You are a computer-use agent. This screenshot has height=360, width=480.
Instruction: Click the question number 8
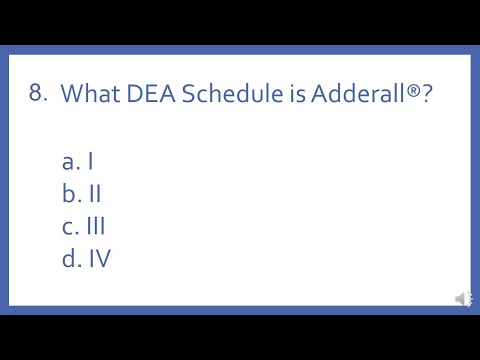(37, 94)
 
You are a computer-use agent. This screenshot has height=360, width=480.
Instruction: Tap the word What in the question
(88, 95)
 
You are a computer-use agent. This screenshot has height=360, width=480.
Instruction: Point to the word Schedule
(224, 95)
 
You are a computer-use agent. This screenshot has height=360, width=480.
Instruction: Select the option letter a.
(68, 161)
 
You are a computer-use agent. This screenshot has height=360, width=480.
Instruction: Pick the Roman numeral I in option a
(90, 160)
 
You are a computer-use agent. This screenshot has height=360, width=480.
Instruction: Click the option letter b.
(68, 193)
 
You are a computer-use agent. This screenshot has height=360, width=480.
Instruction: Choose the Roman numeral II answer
(94, 193)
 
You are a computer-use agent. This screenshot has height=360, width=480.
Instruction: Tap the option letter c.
(68, 227)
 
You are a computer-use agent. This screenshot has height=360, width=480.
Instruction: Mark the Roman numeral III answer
(96, 226)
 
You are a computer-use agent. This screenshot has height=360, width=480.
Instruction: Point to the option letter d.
(68, 259)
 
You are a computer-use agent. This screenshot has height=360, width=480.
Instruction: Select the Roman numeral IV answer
(98, 259)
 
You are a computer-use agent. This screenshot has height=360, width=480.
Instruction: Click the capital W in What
(73, 95)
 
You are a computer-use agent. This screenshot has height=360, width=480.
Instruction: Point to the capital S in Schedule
(181, 95)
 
